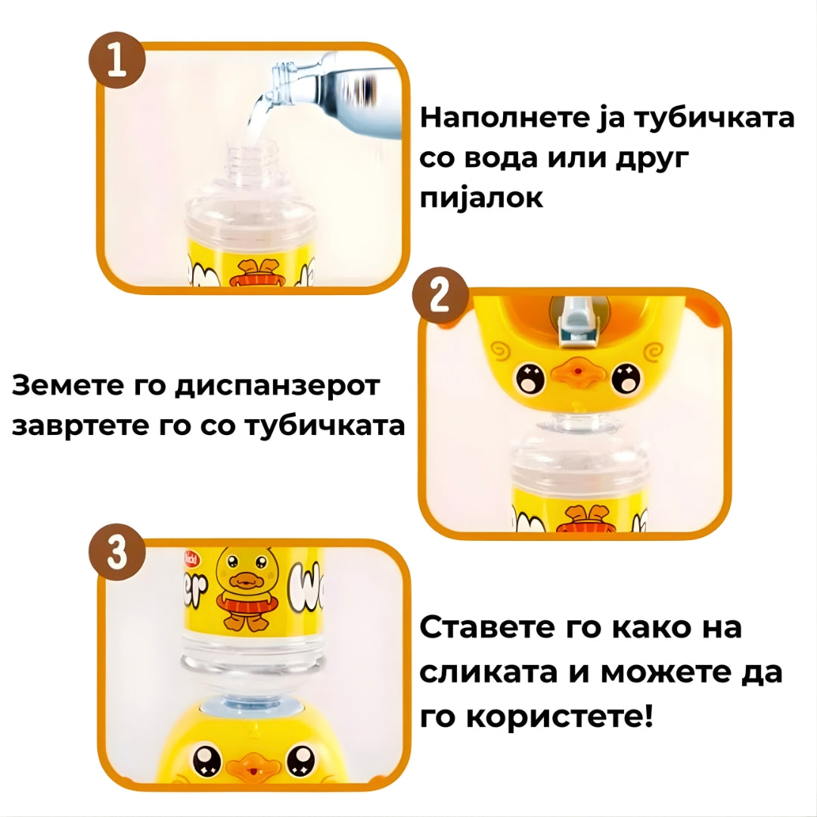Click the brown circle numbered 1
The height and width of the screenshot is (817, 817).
[116, 60]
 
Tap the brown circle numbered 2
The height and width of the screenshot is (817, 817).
[440, 296]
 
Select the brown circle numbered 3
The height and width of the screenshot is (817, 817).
[116, 551]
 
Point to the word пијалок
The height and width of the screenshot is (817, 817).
[481, 198]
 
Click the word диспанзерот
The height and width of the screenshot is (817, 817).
[277, 386]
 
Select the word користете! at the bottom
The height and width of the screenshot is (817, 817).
[559, 716]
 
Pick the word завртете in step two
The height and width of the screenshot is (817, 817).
[80, 426]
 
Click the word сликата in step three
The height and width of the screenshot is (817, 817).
[488, 673]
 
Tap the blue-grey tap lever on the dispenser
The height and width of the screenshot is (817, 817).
[573, 322]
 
